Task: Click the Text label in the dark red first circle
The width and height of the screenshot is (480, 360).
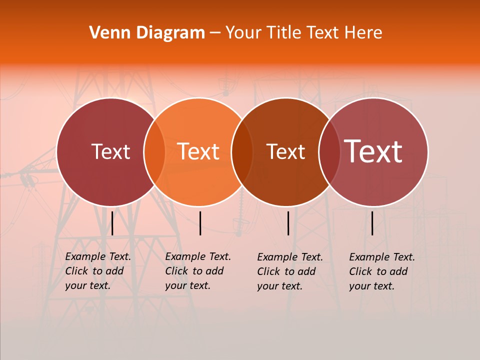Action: (110, 151)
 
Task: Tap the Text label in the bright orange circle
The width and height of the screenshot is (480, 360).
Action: (198, 151)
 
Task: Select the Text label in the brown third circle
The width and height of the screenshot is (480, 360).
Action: (285, 151)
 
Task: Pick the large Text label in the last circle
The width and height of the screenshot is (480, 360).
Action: (373, 151)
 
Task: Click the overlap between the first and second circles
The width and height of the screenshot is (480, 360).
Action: (154, 152)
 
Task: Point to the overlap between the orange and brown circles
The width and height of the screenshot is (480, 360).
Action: (242, 152)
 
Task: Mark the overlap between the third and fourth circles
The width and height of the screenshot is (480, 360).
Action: (329, 152)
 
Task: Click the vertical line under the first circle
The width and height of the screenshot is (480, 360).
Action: (112, 223)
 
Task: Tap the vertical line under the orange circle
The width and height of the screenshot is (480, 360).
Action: (200, 223)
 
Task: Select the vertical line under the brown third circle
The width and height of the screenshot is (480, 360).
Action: (288, 223)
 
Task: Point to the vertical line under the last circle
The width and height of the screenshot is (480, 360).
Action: (372, 223)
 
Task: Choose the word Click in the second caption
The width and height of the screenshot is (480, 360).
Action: (177, 271)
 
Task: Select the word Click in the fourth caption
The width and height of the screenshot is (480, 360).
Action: (361, 271)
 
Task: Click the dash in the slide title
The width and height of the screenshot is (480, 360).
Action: (215, 33)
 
